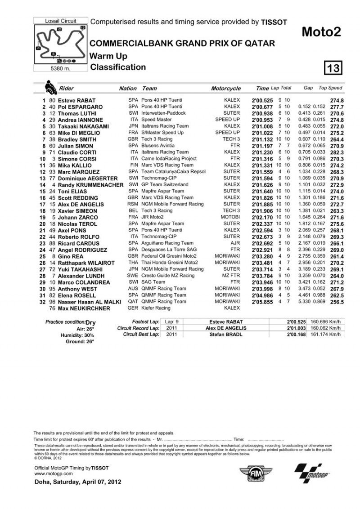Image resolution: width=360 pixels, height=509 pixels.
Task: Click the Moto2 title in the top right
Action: tap(321, 31)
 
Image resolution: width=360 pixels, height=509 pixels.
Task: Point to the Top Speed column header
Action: tap(330, 88)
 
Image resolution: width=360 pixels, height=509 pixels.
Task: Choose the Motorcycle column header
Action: tap(225, 89)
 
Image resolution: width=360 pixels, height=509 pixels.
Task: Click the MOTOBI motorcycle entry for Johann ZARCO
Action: tap(231, 217)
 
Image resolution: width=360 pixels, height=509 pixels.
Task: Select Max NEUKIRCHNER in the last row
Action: tap(81, 308)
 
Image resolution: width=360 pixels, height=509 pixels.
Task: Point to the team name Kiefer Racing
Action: tap(158, 308)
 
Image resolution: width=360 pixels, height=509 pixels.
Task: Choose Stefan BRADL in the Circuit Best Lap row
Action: tap(223, 335)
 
